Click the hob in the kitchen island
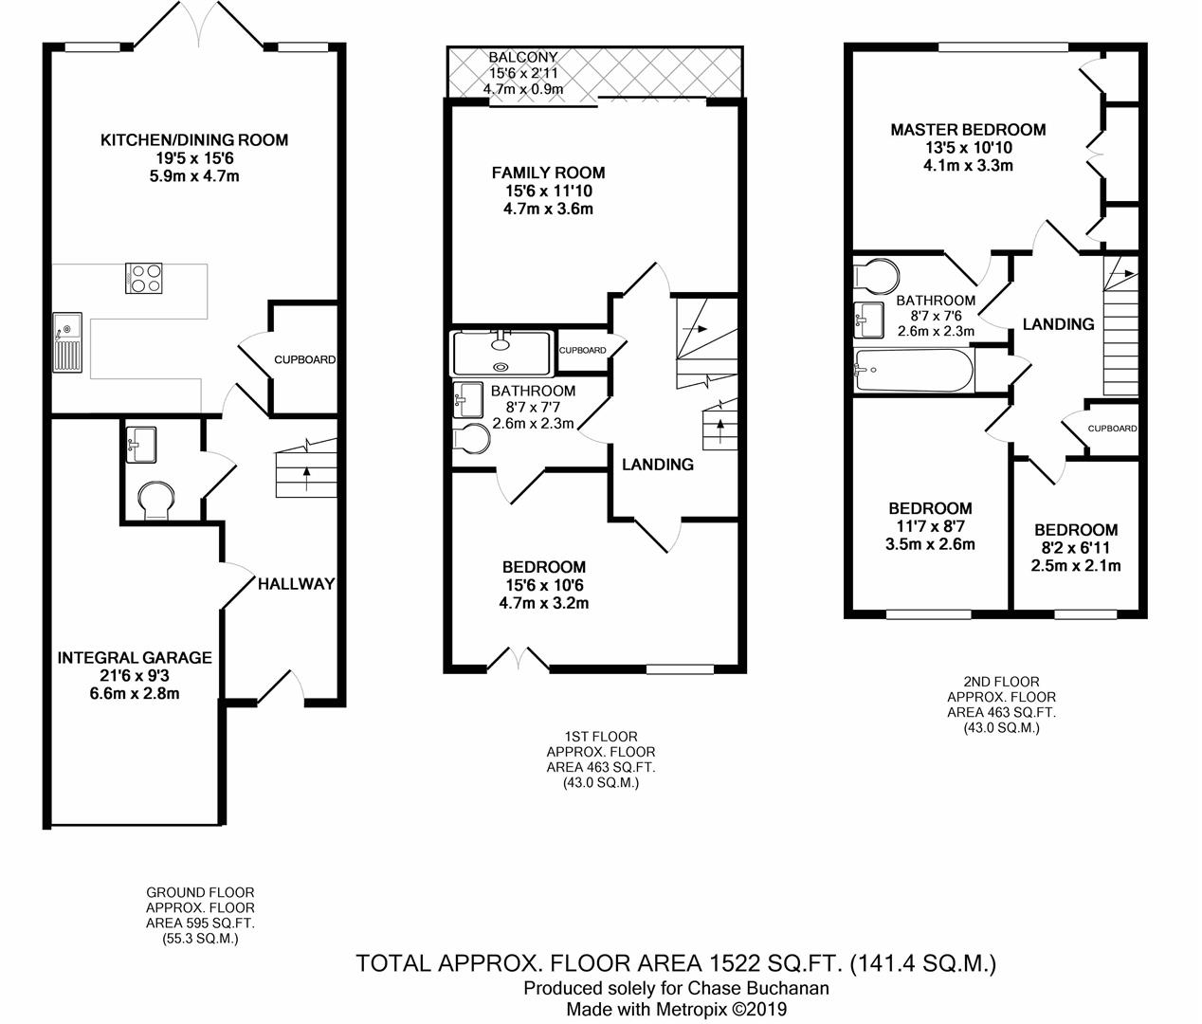coord(144,278)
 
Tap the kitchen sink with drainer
coord(67,341)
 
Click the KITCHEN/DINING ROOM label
coord(194,140)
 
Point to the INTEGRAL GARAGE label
coord(135,658)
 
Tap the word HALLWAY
coord(296,584)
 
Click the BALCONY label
coord(522,57)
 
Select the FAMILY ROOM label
coord(548,173)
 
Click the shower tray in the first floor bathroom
coord(501,353)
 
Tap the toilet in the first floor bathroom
coord(471,438)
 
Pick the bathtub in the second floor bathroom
coord(914,370)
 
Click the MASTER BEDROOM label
coord(968,130)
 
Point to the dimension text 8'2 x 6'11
coord(1076,548)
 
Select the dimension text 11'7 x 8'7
coord(931,526)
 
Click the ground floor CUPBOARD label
coord(304,360)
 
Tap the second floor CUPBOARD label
coord(1113,429)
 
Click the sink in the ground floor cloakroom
coord(141,445)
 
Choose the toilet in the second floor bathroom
coord(876,276)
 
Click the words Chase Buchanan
coord(758,989)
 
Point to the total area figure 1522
coord(734,964)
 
